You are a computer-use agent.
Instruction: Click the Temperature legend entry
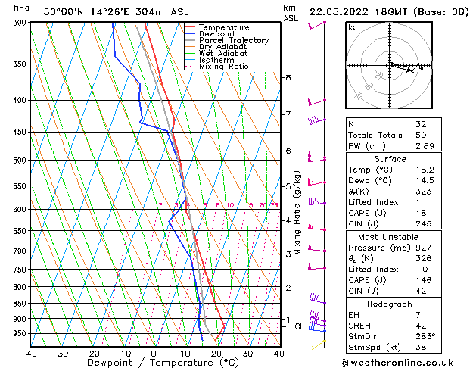(223, 27)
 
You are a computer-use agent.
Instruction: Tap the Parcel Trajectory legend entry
(233, 41)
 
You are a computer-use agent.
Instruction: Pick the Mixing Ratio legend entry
(223, 67)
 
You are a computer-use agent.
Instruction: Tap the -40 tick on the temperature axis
(28, 353)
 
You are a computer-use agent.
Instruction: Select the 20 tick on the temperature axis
(216, 353)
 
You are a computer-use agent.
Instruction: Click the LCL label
(297, 326)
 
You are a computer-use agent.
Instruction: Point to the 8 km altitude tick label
(288, 78)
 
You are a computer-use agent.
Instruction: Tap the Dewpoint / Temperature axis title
(154, 363)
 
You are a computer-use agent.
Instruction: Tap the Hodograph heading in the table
(390, 304)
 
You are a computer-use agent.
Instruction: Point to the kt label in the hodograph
(351, 27)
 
